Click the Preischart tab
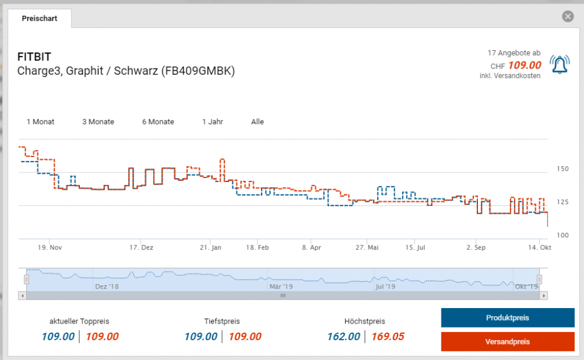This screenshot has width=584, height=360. click(x=39, y=18)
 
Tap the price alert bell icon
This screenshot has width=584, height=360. click(x=559, y=64)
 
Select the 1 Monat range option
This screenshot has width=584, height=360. click(x=40, y=122)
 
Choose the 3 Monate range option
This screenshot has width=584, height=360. click(x=98, y=122)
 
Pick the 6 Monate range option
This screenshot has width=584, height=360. click(x=158, y=122)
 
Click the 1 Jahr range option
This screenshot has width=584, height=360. click(x=212, y=122)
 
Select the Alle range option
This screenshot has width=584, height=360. click(x=257, y=122)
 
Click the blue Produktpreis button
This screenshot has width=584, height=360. click(x=507, y=318)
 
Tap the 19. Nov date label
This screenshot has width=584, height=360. click(x=50, y=248)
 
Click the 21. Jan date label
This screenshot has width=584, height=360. click(x=210, y=248)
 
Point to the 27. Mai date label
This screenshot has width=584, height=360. click(x=367, y=248)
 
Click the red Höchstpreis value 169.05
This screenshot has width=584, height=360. click(x=387, y=337)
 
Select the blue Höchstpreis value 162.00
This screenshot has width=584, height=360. click(x=343, y=337)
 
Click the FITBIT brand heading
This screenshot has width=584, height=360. click(x=34, y=57)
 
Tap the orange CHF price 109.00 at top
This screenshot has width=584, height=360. click(x=524, y=66)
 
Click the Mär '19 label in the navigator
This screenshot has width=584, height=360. click(x=281, y=286)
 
